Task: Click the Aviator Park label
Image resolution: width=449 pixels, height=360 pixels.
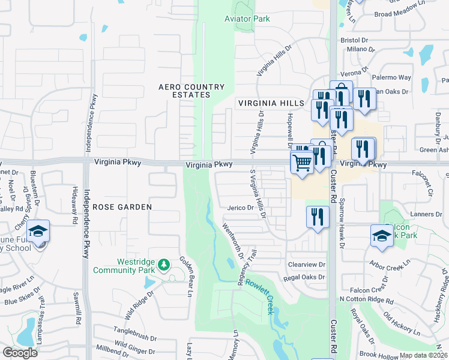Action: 247,19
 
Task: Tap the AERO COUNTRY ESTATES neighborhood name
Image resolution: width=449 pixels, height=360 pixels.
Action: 191,91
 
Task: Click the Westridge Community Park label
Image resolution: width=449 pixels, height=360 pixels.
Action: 124,266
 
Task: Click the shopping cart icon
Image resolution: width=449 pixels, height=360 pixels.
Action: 302,161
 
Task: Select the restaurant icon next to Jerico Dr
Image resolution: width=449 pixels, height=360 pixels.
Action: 318,217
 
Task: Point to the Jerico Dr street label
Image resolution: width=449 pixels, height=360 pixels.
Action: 241,208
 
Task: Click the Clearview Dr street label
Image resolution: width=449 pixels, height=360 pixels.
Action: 306,264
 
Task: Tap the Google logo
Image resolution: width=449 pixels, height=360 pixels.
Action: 20,352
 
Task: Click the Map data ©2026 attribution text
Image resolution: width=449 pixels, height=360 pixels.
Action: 424,355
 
